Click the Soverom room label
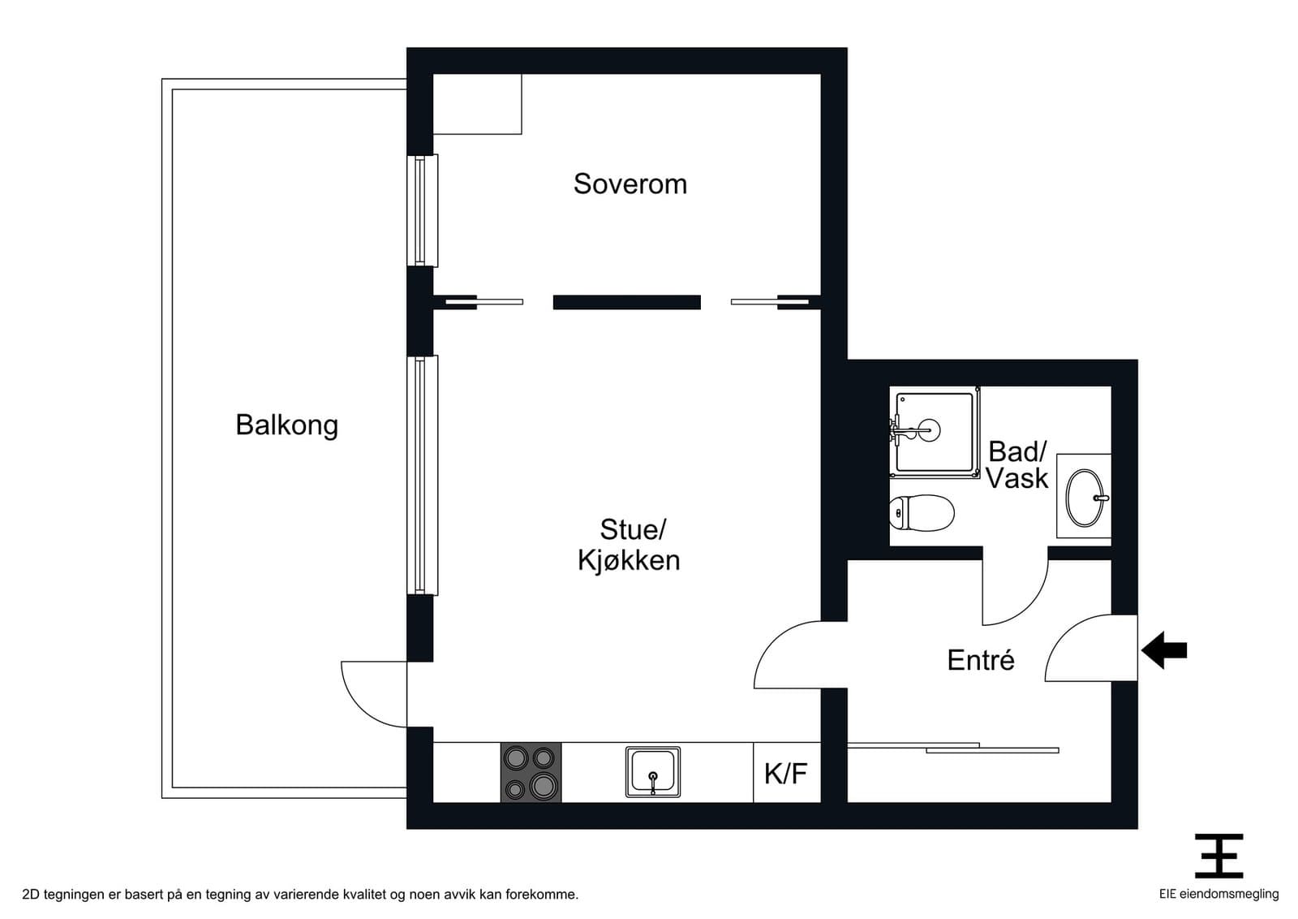coord(630,183)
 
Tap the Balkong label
coord(287,425)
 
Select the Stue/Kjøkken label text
coord(630,545)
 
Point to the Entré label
coord(981,660)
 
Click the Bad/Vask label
coord(1017,465)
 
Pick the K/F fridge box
coord(787,773)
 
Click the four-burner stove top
coord(531,773)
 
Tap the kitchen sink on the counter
coord(653,772)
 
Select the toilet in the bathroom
coord(922,512)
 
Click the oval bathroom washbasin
coord(1085,498)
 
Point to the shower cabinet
coord(934,432)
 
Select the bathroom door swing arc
coord(1031,608)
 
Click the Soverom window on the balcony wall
coord(423,210)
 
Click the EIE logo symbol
coord(1218,856)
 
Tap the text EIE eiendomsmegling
coord(1218,894)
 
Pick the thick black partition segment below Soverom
coord(627,302)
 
